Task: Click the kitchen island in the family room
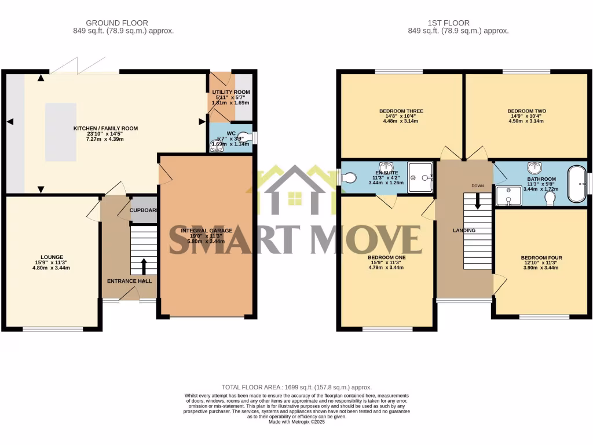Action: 61,132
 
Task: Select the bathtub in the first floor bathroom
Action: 576,184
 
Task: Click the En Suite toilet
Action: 347,179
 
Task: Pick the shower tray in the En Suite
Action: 420,177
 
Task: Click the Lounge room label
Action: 52,257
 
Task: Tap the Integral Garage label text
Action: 207,231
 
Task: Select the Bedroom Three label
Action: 401,111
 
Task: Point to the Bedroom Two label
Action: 526,111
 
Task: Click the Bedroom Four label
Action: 541,258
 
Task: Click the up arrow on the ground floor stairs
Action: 144,266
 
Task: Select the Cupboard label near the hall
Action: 143,210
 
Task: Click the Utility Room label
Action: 231,92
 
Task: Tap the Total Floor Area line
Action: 296,387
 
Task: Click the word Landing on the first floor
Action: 464,231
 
